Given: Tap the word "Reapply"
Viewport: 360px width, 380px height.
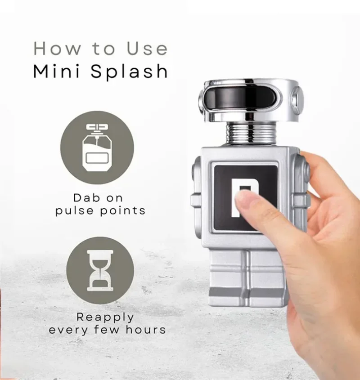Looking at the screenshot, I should click(x=105, y=317).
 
